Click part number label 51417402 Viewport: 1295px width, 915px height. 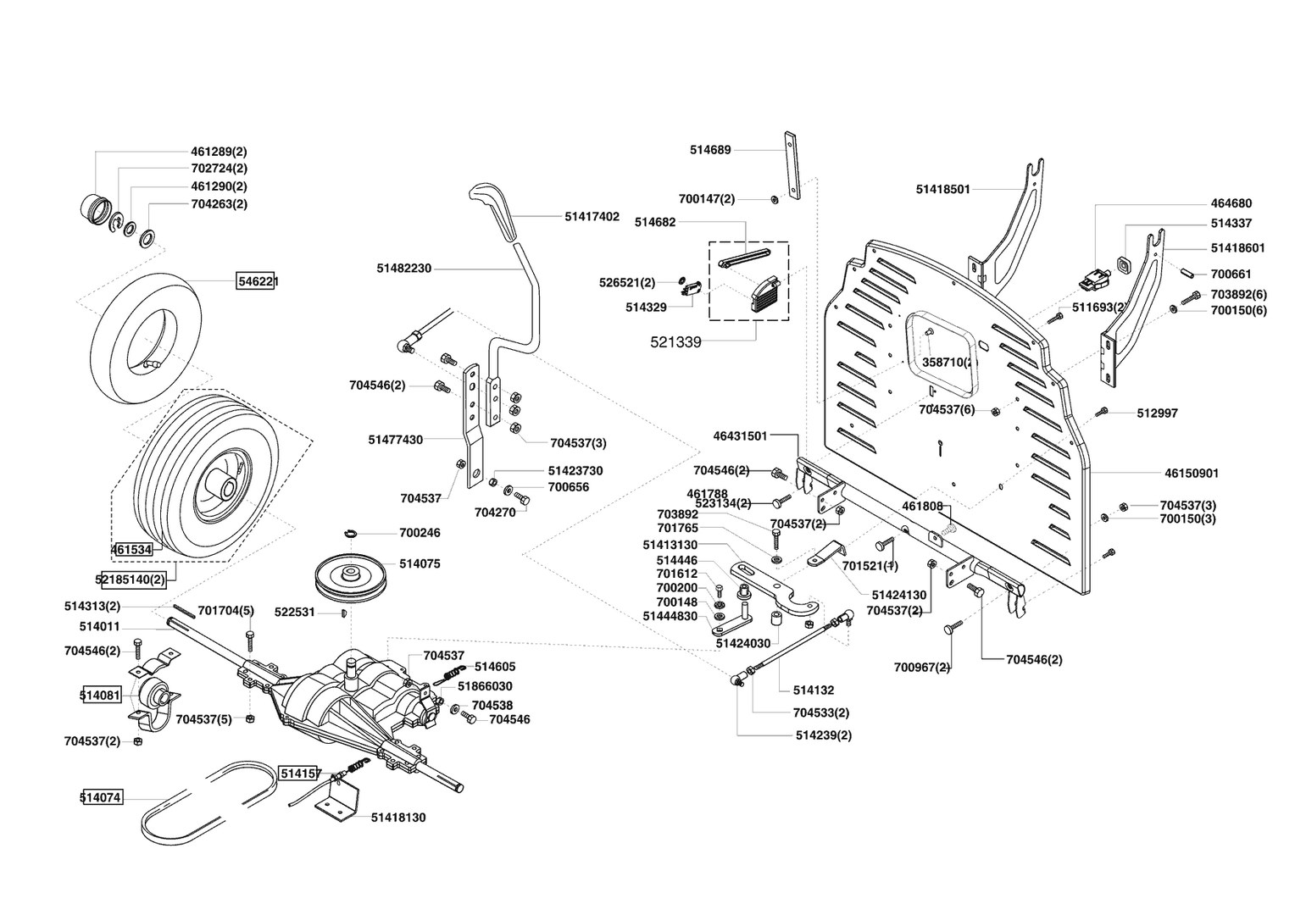click(592, 217)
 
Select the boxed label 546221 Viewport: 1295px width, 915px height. click(255, 281)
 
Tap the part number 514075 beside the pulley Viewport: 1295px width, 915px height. click(420, 563)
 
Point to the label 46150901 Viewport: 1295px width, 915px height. click(1192, 474)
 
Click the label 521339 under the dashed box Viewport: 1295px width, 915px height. click(675, 342)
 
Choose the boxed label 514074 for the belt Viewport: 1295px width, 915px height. click(102, 798)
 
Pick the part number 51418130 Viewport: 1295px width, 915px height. click(398, 818)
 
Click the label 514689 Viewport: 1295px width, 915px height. click(710, 150)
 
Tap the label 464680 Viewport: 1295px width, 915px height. click(1231, 203)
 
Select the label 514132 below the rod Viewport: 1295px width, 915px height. click(814, 690)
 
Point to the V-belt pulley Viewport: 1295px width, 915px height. click(351, 579)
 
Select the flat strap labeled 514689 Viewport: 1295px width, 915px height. click(792, 165)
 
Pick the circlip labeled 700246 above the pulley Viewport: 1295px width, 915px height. click(352, 533)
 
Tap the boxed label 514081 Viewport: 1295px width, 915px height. click(101, 695)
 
